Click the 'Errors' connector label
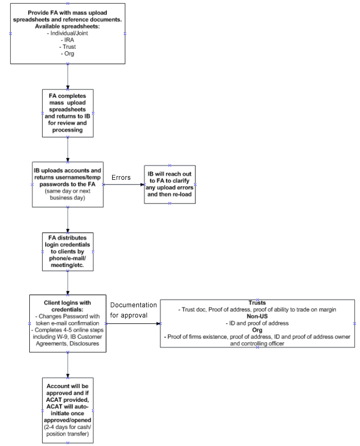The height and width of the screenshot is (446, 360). click(x=121, y=177)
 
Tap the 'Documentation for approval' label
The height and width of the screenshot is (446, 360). click(x=133, y=310)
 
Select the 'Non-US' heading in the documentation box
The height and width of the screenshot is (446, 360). click(x=257, y=317)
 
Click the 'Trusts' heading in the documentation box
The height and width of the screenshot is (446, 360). click(x=257, y=303)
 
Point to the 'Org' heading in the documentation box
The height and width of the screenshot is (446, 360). click(x=257, y=330)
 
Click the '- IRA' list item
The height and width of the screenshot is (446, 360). click(x=67, y=40)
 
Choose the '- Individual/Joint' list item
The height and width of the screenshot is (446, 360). click(x=67, y=33)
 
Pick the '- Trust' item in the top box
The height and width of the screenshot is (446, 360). click(x=67, y=47)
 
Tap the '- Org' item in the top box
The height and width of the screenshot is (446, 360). click(x=67, y=54)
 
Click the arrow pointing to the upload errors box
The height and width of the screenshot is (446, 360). click(x=124, y=184)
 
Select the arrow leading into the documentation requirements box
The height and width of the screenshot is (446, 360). click(x=133, y=323)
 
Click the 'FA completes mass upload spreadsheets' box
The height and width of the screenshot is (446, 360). click(x=68, y=113)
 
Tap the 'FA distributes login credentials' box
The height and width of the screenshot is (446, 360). click(x=68, y=252)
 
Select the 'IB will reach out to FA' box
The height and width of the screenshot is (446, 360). click(x=170, y=184)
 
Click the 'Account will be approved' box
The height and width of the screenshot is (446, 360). click(x=68, y=411)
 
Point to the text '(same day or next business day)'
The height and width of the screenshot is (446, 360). click(x=67, y=195)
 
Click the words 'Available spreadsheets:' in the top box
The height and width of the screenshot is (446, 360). click(x=67, y=26)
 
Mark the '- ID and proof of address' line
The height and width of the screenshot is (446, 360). click(x=257, y=323)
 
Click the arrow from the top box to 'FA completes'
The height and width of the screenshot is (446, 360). click(x=68, y=77)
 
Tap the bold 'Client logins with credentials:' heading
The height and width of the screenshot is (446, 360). click(x=67, y=306)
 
